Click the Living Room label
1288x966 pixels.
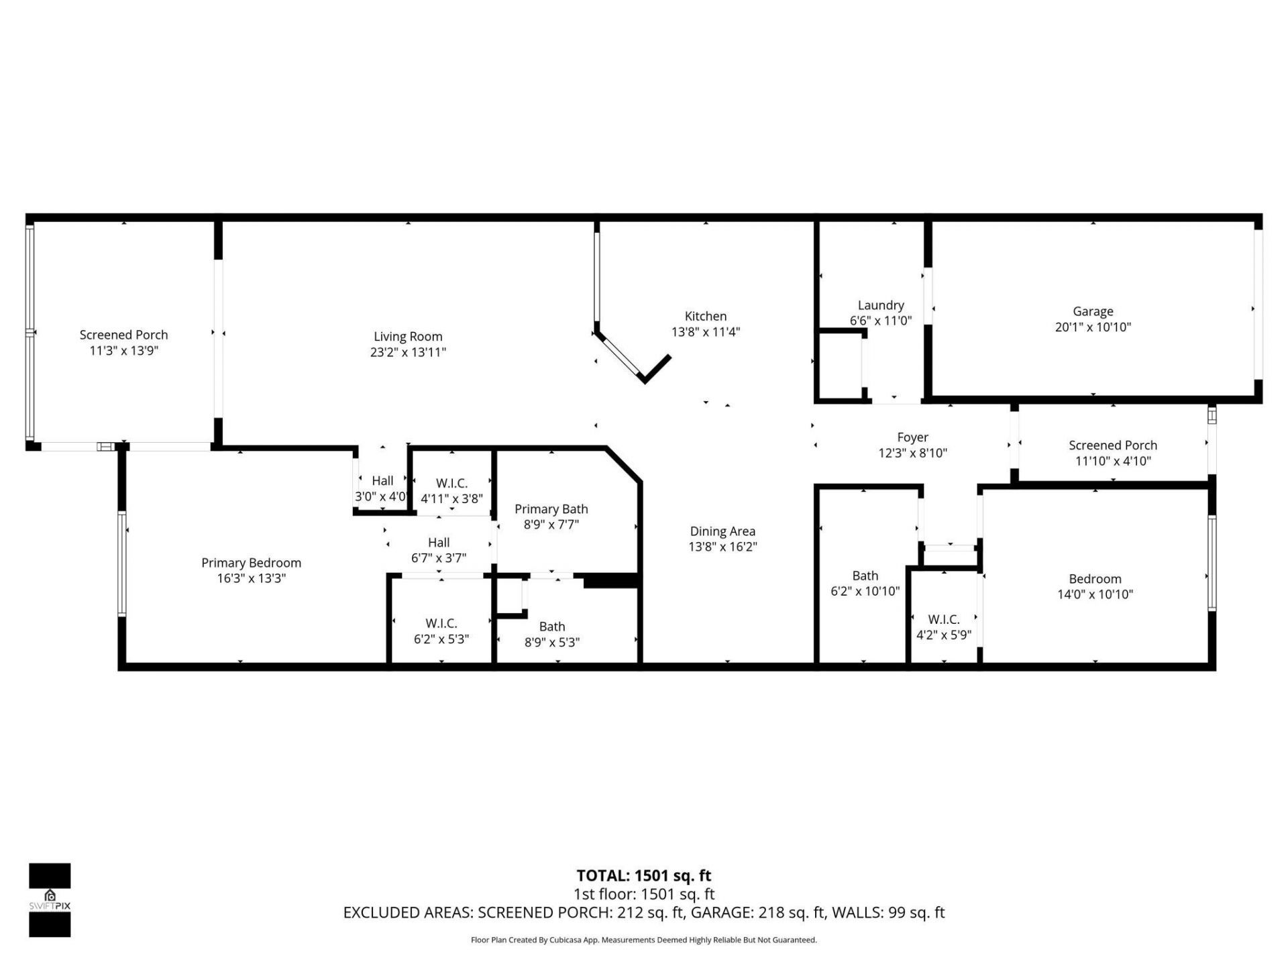coord(408,337)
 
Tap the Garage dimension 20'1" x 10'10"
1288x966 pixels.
coord(1093,327)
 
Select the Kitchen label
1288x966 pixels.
coord(705,316)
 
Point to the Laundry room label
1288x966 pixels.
coord(880,305)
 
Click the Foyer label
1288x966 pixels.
coord(912,437)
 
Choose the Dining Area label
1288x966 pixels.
coord(722,531)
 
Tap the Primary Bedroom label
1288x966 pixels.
coord(251,563)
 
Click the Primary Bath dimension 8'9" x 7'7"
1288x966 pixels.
coord(551,525)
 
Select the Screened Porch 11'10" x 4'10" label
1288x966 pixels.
coord(1112,445)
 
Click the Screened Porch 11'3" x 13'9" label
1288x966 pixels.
coord(123,335)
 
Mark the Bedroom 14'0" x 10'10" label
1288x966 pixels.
coord(1095,579)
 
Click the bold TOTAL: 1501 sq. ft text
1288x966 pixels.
coord(643,875)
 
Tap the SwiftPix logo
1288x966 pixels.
coord(50,900)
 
